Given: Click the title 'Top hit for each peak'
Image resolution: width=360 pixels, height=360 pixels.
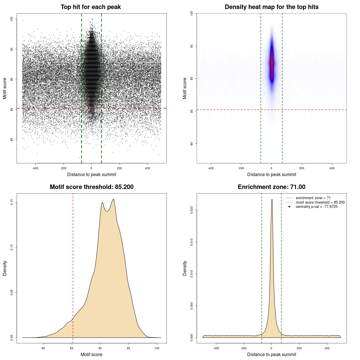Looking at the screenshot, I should point(91,7).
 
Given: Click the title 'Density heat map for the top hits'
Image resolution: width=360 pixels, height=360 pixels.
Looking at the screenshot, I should point(271,7).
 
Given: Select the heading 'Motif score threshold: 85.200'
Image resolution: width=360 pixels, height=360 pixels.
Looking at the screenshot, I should point(91,187).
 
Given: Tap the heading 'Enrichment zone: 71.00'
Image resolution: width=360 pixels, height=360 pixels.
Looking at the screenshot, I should point(271,187).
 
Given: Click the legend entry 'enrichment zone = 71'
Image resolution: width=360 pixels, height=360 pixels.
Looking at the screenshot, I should point(313,198).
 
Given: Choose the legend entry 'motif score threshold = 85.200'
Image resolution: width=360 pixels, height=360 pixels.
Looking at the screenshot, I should point(320,202).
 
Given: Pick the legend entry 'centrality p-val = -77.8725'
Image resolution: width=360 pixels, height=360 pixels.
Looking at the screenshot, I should point(316,207).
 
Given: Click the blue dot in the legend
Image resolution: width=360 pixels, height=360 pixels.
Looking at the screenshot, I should point(289,207).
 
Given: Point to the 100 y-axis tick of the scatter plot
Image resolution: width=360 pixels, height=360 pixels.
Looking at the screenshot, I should point(12,19).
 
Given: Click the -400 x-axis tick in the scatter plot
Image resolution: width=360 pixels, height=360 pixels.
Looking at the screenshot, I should point(35,168).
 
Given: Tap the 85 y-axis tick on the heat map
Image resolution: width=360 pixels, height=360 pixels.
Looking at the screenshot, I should point(192,111).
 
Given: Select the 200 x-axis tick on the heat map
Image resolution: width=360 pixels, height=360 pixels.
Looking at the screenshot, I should point(302,168).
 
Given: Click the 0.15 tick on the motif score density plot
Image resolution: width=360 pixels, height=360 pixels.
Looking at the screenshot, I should point(12,202).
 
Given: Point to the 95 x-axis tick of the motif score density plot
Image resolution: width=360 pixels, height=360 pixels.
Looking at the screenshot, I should point(129,348).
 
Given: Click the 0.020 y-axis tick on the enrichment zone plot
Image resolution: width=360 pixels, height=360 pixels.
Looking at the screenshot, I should point(192,210).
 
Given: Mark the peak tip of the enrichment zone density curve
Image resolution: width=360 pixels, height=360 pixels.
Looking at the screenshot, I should point(272,199).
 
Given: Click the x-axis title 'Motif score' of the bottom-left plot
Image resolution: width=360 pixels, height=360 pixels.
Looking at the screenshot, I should point(91,354).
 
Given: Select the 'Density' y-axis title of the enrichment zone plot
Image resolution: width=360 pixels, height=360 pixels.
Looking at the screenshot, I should point(185,268).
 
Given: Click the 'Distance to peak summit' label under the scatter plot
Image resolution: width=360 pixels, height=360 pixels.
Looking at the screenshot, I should point(92,174).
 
